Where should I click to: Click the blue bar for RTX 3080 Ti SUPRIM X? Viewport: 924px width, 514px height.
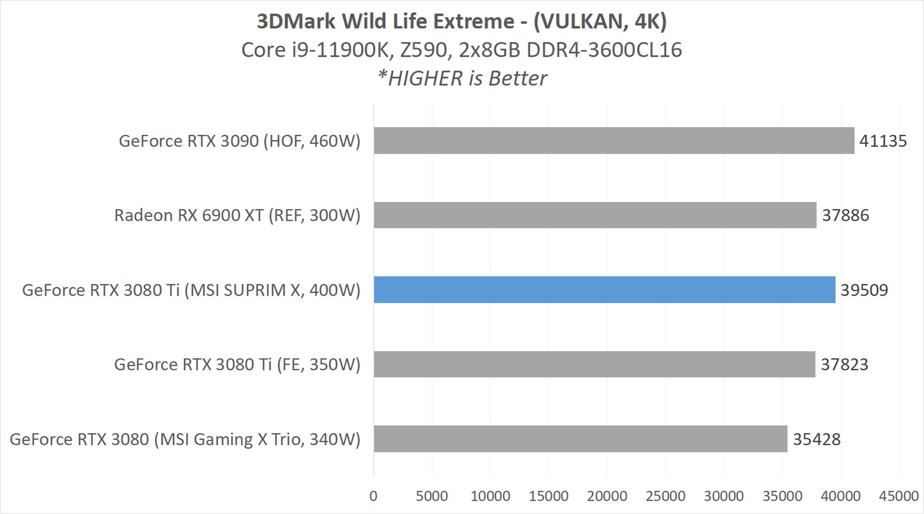pos(604,290)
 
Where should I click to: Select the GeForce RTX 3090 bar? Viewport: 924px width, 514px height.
pos(614,141)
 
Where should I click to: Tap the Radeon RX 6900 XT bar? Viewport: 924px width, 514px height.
pos(595,215)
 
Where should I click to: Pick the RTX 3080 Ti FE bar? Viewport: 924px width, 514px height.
pos(594,364)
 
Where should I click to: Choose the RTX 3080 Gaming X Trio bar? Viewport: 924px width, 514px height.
pos(580,439)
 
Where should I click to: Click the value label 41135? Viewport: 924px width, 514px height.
pos(883,141)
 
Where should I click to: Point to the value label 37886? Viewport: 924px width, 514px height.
pos(845,215)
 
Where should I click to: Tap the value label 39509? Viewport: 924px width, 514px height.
pos(864,290)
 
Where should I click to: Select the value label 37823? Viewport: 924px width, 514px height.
pos(844,365)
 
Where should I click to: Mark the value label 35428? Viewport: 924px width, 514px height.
pos(816,439)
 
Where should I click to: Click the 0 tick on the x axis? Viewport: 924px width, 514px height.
pos(373,496)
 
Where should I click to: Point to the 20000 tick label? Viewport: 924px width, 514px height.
pos(607,496)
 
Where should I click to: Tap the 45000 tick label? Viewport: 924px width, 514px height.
pos(898,496)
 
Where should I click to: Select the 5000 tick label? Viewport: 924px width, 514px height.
pos(432,496)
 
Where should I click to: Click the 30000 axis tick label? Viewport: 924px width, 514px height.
pos(724,496)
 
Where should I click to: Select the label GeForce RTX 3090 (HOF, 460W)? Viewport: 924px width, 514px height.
pos(239,141)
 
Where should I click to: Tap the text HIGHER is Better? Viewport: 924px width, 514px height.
pos(467,79)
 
